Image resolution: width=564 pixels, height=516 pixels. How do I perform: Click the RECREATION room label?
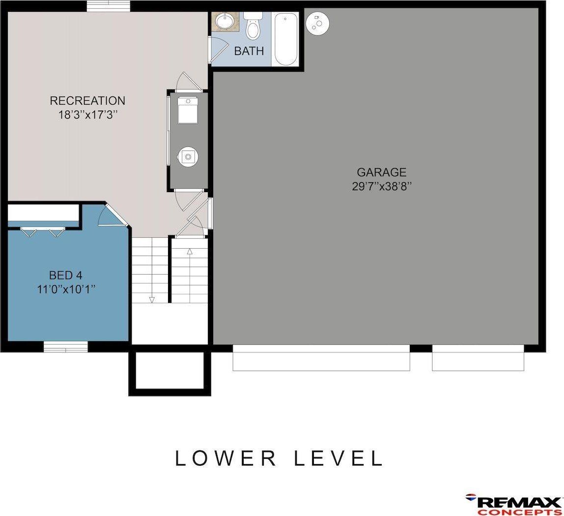(87, 101)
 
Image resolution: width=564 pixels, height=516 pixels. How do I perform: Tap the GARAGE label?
(381, 172)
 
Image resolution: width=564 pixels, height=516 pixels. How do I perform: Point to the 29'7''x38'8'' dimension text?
(381, 187)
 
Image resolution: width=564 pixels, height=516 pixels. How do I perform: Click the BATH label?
(249, 51)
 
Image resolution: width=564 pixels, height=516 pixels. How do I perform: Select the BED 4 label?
(65, 275)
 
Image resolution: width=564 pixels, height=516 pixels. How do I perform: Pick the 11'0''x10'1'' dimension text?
(66, 289)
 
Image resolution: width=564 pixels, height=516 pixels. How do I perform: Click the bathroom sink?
(226, 22)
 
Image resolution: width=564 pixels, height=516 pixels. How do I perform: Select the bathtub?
(285, 39)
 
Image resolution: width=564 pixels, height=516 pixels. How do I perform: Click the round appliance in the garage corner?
(317, 23)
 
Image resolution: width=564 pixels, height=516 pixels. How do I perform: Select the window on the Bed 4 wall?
(66, 347)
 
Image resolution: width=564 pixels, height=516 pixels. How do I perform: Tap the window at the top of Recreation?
(109, 6)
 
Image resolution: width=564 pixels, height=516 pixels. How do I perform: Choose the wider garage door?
(321, 358)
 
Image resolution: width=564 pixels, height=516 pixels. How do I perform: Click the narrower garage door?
(478, 358)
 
